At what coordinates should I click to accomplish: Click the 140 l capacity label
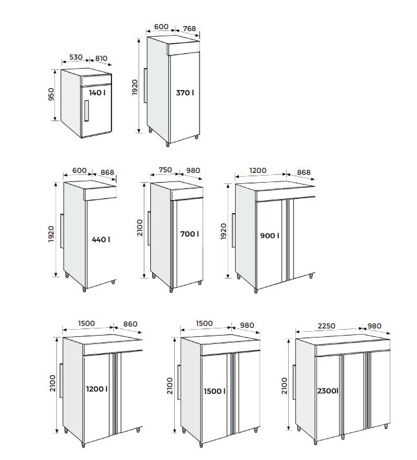pyautogui.click(x=97, y=93)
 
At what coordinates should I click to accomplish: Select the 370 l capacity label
pyautogui.click(x=185, y=93)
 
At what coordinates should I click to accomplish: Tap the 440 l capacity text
pyautogui.click(x=100, y=239)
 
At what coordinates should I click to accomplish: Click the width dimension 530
pyautogui.click(x=76, y=58)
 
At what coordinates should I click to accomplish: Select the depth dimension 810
pyautogui.click(x=101, y=58)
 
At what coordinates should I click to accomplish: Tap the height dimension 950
pyautogui.click(x=52, y=95)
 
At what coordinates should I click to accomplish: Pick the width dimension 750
pyautogui.click(x=164, y=170)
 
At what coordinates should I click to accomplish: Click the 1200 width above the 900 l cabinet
pyautogui.click(x=259, y=171)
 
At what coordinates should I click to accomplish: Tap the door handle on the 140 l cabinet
pyautogui.click(x=85, y=110)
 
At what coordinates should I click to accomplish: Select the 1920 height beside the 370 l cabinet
pyautogui.click(x=135, y=87)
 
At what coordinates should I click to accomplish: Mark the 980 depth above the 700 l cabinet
pyautogui.click(x=192, y=170)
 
